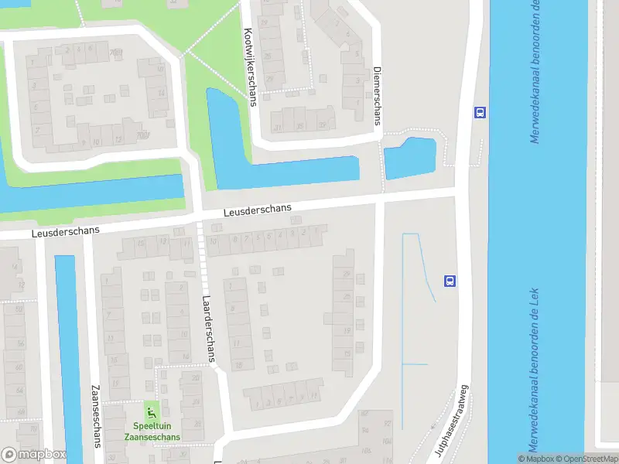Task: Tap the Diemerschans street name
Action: point(378,94)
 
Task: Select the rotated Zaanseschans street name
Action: point(97,416)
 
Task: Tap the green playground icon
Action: point(150,410)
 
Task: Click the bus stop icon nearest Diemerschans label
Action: point(480,112)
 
